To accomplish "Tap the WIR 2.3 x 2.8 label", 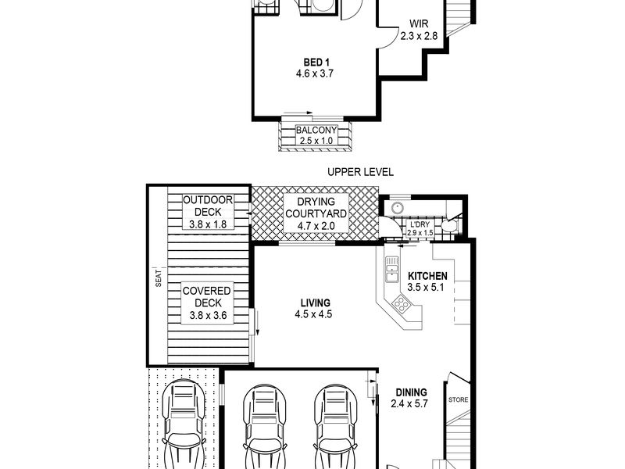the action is point(419,30).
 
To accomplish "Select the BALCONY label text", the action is point(316,130).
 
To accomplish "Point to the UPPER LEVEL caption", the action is point(360,172).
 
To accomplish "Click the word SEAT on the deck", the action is point(159,279).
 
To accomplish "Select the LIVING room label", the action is point(316,303).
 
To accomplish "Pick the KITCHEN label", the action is point(427,276).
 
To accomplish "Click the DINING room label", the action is point(411,392).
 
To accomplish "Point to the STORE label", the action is point(459,399).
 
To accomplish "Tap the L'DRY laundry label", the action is point(420,224).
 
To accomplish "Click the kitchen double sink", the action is point(392,269).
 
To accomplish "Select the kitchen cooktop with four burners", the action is point(401,305).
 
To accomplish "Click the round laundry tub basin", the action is point(397,208).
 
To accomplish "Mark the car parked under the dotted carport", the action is point(184,424).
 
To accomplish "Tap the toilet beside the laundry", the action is point(451,225).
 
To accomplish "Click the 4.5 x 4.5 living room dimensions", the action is point(313,314).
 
